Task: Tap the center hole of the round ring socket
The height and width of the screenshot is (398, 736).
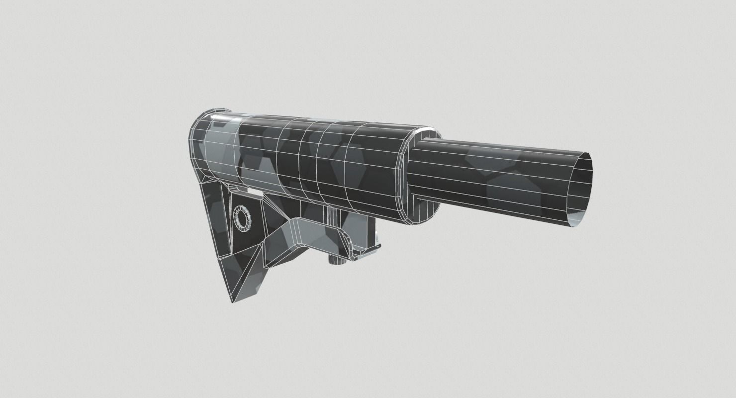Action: pyautogui.click(x=244, y=218)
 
